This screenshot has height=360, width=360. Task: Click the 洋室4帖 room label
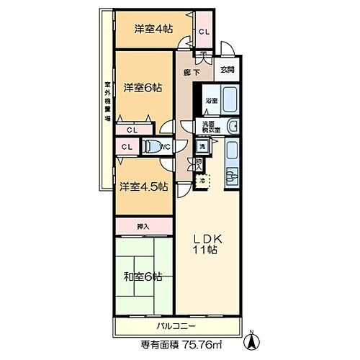(153, 30)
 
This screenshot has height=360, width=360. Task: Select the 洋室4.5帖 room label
(144, 186)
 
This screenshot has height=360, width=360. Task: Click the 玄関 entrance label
(228, 69)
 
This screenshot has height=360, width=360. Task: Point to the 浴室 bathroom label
(212, 101)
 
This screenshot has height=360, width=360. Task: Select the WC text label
(165, 147)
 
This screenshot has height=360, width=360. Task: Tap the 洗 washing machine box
(203, 148)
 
